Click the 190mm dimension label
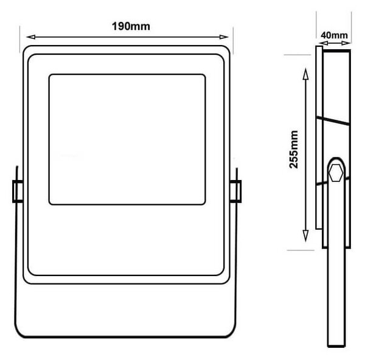click(131, 26)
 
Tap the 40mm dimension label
click(334, 35)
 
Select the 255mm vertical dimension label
click(294, 150)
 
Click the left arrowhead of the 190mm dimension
click(31, 36)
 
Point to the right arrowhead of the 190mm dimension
click(224, 36)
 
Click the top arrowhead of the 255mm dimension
click(305, 74)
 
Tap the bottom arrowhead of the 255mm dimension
click(305, 236)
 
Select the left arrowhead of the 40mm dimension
click(323, 43)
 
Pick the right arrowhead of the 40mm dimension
click(346, 43)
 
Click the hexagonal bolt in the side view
click(336, 173)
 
